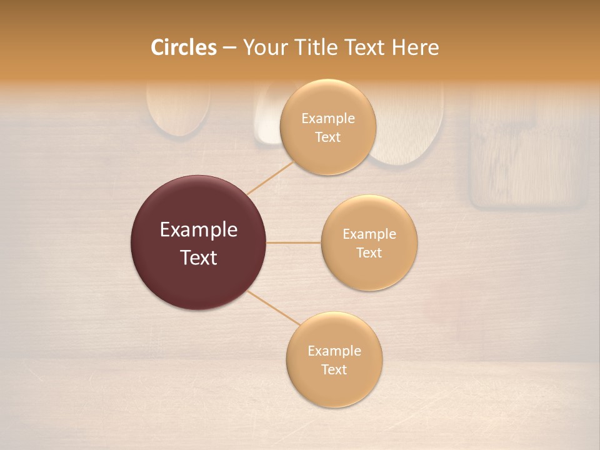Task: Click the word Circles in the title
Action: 183,47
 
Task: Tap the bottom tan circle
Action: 334,387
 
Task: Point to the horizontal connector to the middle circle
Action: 294,242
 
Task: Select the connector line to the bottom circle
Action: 274,307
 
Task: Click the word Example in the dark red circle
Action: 199,230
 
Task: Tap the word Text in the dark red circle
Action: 199,257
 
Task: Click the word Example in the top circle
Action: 328,119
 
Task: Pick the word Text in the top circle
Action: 328,137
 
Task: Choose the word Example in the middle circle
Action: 369,234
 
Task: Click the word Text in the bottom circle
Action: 334,370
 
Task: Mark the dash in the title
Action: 229,48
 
